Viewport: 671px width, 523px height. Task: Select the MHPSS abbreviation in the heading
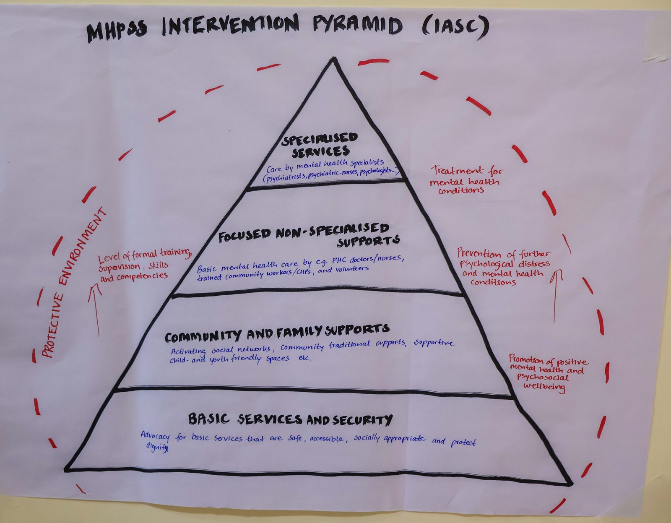117,31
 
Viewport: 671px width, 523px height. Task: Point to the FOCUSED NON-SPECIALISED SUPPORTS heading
308,235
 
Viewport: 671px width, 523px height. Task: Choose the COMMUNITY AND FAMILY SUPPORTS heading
277,333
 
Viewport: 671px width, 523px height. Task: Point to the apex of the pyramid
333,59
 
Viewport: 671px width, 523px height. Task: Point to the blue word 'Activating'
188,351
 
